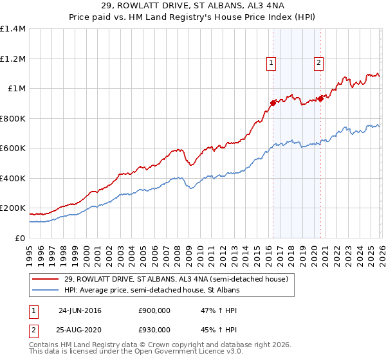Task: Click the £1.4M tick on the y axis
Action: click(x=13, y=29)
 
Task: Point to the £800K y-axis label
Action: click(x=13, y=118)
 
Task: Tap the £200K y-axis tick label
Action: click(x=13, y=208)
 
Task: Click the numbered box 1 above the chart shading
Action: click(x=271, y=63)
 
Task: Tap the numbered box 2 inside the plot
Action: click(x=318, y=63)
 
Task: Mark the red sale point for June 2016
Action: click(x=273, y=103)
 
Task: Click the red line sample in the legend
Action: click(x=46, y=279)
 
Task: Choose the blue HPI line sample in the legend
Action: click(x=46, y=291)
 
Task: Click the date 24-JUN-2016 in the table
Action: click(x=80, y=310)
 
